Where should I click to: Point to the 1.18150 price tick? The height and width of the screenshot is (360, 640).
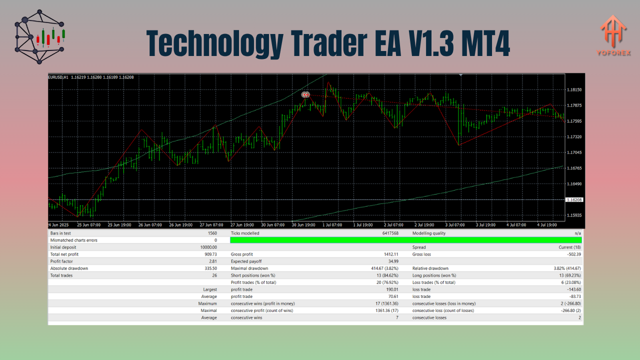click(574, 89)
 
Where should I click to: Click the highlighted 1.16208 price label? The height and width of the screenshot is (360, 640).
click(574, 200)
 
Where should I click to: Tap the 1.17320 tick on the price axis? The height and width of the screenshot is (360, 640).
click(574, 136)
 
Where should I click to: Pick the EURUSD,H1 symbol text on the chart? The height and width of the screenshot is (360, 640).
click(58, 77)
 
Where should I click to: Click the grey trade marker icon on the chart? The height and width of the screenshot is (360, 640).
click(305, 94)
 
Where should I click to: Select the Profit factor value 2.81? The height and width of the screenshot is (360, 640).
click(212, 261)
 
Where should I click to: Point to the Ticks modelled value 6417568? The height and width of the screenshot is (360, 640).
click(389, 233)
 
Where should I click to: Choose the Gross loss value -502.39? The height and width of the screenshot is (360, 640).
click(571, 254)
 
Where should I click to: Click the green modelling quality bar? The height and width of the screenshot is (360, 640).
click(406, 240)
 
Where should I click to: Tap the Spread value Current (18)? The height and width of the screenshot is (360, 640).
click(569, 247)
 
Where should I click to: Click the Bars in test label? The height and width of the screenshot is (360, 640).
click(60, 233)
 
